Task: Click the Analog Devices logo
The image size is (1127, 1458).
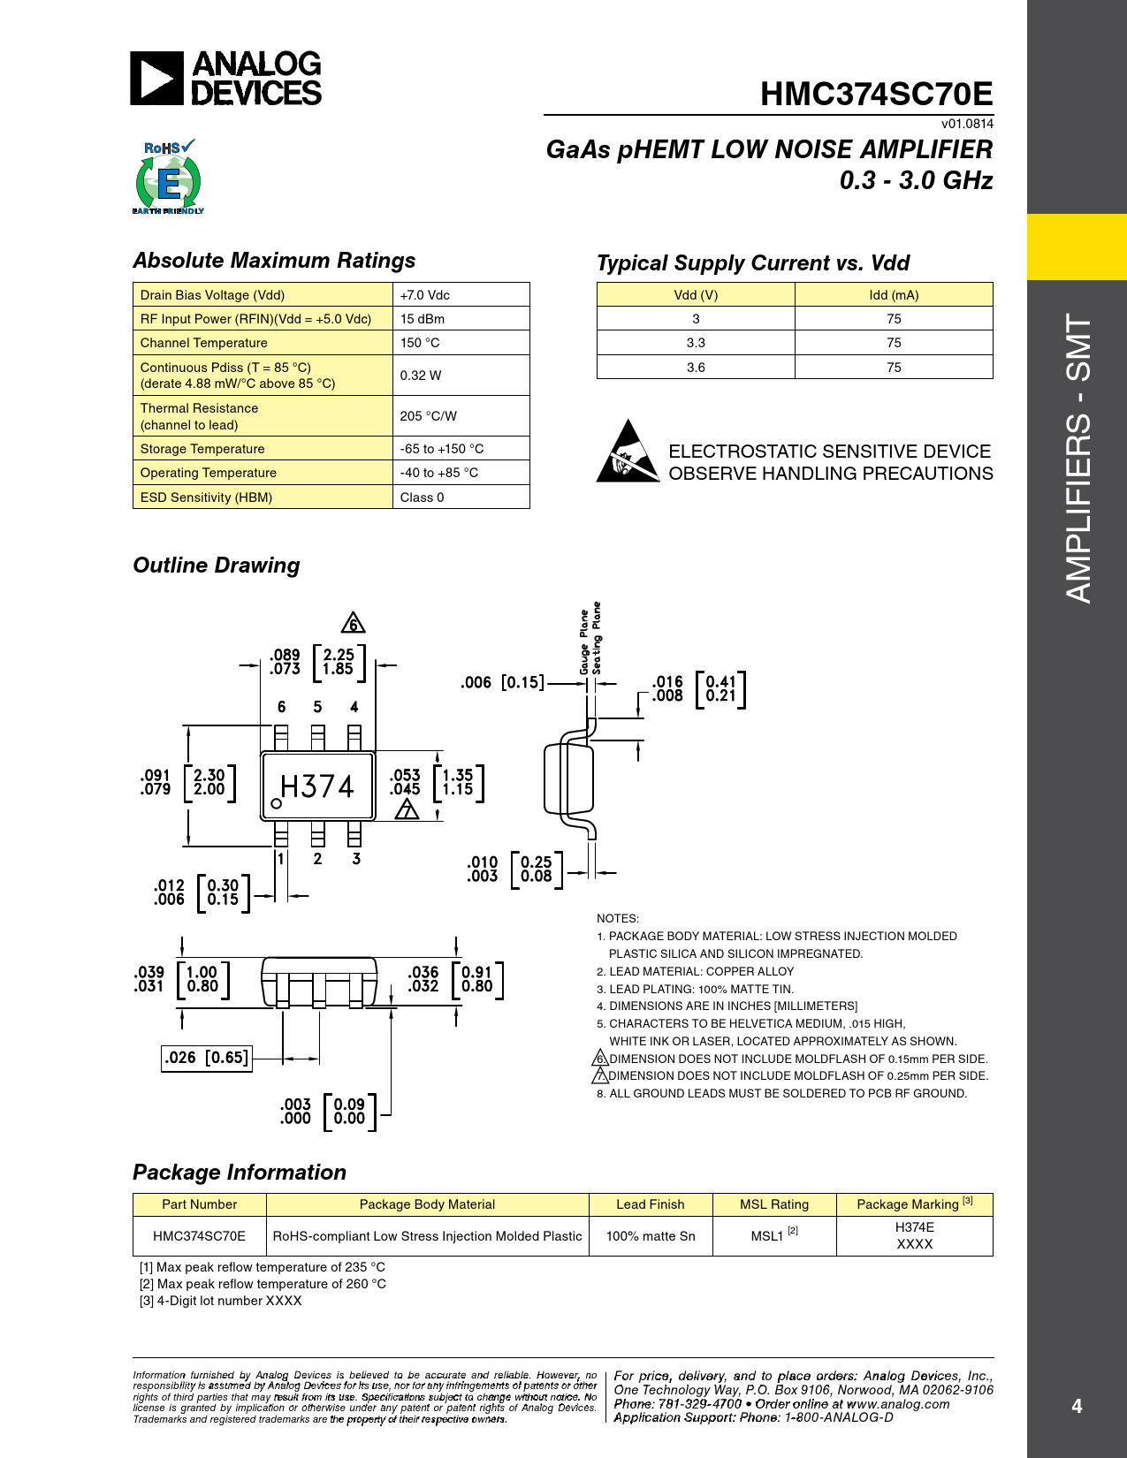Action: point(226,79)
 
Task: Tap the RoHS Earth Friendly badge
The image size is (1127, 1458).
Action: point(168,178)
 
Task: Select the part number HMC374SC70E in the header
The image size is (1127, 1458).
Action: point(876,94)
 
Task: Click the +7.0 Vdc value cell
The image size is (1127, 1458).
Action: point(461,295)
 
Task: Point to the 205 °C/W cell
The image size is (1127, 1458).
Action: point(461,416)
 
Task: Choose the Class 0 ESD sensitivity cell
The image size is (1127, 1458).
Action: point(461,497)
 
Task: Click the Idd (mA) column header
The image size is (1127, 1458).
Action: point(894,295)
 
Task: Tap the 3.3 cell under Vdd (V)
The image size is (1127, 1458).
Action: point(696,343)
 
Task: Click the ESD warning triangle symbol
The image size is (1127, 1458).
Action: point(628,452)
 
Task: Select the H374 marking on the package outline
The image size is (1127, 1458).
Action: point(316,786)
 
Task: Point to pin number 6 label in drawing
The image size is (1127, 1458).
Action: point(281,707)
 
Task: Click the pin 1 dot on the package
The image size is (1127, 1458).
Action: point(277,803)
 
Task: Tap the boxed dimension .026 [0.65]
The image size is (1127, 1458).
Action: point(207,1058)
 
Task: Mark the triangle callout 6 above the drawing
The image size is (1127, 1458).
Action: point(353,623)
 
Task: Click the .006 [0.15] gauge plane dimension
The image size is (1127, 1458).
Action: point(502,682)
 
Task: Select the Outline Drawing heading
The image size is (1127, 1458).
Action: point(217,566)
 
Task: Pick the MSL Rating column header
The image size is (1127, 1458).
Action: point(774,1204)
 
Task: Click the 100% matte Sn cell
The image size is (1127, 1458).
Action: point(651,1236)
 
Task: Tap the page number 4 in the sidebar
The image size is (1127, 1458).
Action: point(1077,1406)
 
